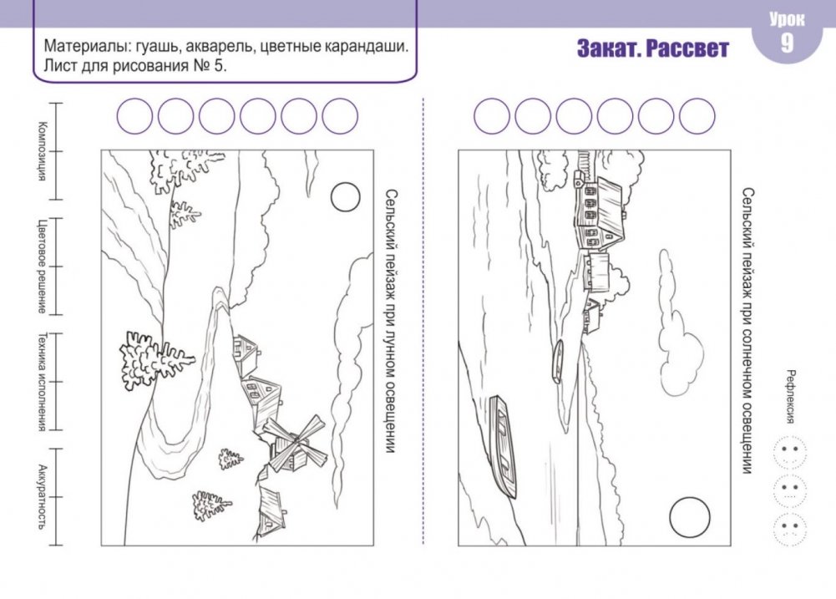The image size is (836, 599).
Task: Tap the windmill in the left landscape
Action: coord(294,444)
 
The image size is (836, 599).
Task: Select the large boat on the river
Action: coord(504,446)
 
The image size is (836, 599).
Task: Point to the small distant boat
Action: coord(557,361)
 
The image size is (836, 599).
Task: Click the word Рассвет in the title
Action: coord(687,48)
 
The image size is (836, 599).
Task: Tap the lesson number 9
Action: coord(787,43)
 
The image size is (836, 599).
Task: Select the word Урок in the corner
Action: coord(787,19)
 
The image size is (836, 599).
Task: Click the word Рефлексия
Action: coord(791,396)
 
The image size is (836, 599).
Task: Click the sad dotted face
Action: coord(789,529)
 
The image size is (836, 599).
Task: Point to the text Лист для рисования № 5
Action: coord(135,66)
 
